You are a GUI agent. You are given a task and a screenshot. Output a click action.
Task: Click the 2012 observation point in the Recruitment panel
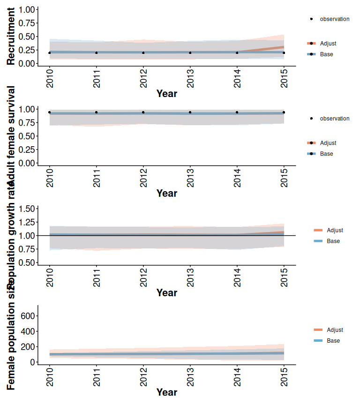point(143,52)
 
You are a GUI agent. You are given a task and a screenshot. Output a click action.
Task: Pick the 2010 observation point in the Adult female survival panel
point(50,112)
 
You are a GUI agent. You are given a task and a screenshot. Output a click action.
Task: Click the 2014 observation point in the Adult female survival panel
point(237,112)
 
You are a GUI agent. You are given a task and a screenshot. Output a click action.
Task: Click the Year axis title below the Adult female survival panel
point(166,193)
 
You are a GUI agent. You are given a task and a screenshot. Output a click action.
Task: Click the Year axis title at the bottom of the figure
point(166,392)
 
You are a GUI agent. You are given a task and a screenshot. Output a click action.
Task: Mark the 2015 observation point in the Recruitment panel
point(284,52)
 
